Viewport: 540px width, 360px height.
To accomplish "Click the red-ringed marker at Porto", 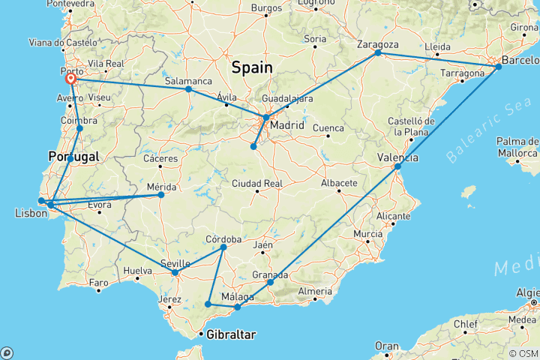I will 70,79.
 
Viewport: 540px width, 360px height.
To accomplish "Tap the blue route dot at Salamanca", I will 188,89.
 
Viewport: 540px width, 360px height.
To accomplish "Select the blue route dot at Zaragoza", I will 378,52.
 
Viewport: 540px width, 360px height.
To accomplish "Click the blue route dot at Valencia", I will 397,166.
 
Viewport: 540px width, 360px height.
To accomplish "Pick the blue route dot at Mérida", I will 160,195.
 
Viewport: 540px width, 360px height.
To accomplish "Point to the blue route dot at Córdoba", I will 223,247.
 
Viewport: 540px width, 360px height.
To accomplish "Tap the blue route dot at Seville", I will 175,272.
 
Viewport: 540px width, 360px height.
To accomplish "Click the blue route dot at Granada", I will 270,282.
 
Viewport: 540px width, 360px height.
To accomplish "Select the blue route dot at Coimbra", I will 79,128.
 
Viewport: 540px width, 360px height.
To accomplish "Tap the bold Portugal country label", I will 73,157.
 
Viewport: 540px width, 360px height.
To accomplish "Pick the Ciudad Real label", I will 256,184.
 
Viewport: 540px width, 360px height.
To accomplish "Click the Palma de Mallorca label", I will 517,147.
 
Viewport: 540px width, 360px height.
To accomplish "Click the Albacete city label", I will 336,184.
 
